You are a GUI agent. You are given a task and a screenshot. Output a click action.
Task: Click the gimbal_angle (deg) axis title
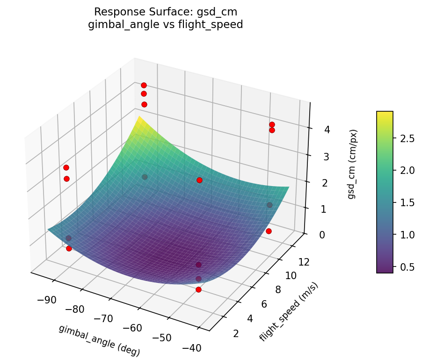(99, 341)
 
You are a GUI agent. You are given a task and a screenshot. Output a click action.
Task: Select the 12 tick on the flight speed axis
(304, 263)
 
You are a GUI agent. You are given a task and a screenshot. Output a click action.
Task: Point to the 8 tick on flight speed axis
(278, 289)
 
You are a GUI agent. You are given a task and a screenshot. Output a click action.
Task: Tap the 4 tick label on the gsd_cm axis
(314, 130)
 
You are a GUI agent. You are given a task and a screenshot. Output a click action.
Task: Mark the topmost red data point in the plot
(144, 85)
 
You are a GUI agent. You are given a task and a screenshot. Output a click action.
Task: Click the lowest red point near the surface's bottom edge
(198, 290)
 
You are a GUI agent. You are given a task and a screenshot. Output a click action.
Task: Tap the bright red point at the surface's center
(199, 180)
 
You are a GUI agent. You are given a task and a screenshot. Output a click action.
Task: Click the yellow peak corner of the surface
(139, 118)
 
